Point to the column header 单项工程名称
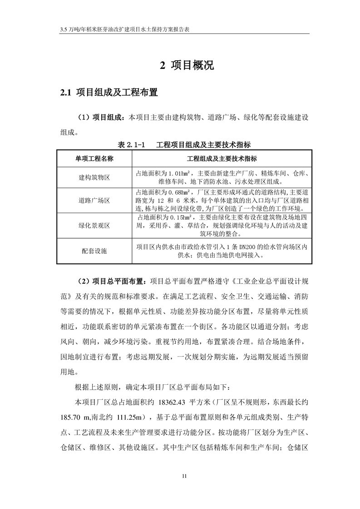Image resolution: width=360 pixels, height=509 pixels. [94, 158]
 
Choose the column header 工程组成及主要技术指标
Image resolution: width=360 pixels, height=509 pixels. [222, 158]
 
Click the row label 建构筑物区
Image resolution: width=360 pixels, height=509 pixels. [94, 177]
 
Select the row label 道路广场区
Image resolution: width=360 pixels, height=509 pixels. [94, 200]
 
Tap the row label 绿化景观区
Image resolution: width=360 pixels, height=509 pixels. [94, 225]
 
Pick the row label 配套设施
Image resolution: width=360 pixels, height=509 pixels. [94, 250]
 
